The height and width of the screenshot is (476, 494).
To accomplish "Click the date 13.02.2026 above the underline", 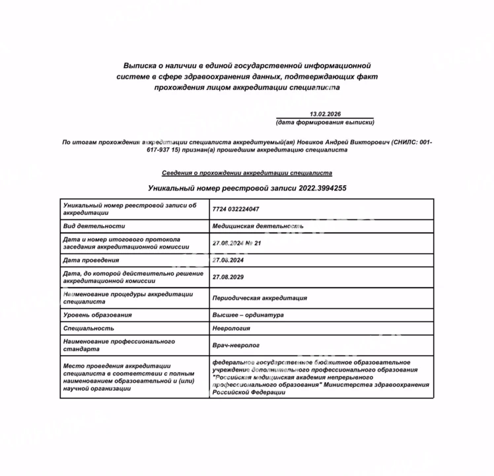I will [x=325, y=114].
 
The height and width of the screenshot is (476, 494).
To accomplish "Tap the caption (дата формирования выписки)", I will [x=325, y=123].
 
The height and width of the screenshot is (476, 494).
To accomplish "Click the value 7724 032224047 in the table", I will [x=236, y=209].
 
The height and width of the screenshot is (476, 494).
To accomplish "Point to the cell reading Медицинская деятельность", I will [x=258, y=226].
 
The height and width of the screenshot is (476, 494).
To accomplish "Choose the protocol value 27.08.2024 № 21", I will [x=237, y=243].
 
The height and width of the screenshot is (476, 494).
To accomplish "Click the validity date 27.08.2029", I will [x=229, y=278].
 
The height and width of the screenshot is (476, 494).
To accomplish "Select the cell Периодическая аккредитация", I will [x=260, y=298].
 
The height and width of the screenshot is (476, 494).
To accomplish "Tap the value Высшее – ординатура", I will [x=248, y=315].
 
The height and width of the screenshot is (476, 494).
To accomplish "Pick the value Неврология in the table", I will [x=231, y=328].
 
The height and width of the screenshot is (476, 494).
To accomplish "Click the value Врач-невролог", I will [x=236, y=345].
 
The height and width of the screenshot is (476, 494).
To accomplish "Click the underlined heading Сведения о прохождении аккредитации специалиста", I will [x=247, y=173].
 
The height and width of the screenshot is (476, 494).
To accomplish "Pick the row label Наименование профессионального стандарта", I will [x=119, y=345].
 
